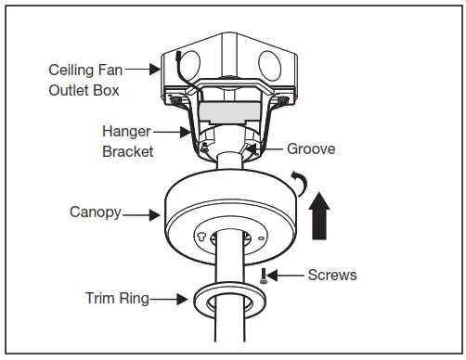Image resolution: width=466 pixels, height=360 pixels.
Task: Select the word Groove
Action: point(310,148)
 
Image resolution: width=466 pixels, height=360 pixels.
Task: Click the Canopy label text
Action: point(95,212)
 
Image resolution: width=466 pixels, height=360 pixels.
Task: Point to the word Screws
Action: point(332,276)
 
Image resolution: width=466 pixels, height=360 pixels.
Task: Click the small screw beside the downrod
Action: point(264,274)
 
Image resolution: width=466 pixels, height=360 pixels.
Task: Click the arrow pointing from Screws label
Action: point(289,276)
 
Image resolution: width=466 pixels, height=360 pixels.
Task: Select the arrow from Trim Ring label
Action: point(173,299)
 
